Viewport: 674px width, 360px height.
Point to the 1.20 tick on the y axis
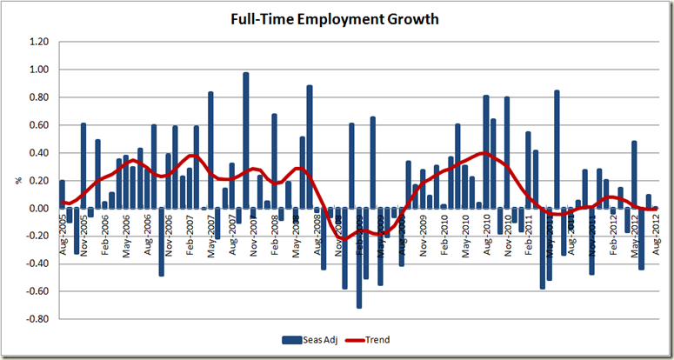[x=37, y=42]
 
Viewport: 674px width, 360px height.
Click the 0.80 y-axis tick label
[x=37, y=97]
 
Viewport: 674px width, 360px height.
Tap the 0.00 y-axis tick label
[x=37, y=209]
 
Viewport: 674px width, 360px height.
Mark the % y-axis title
[x=17, y=181]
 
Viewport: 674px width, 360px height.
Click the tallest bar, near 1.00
[x=246, y=140]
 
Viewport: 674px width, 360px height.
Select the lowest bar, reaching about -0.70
[x=359, y=257]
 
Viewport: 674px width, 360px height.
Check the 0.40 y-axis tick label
[x=37, y=153]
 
